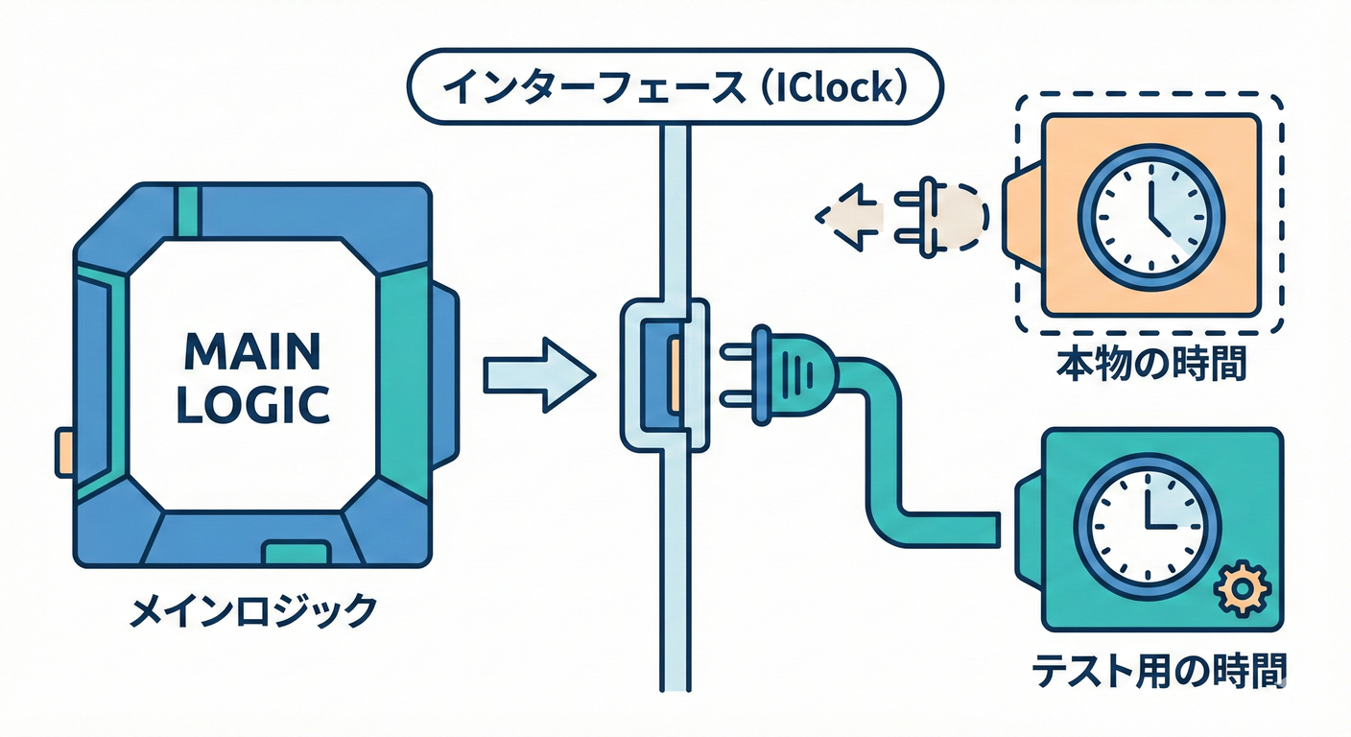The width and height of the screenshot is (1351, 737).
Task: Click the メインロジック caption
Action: pyautogui.click(x=252, y=610)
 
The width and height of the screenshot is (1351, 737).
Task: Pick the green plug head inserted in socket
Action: pyautogui.click(x=791, y=374)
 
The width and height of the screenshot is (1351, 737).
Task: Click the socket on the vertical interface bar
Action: pyautogui.click(x=666, y=374)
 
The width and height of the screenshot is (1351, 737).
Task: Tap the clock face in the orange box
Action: pyautogui.click(x=1151, y=217)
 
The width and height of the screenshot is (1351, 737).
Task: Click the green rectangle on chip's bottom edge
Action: pyautogui.click(x=297, y=553)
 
